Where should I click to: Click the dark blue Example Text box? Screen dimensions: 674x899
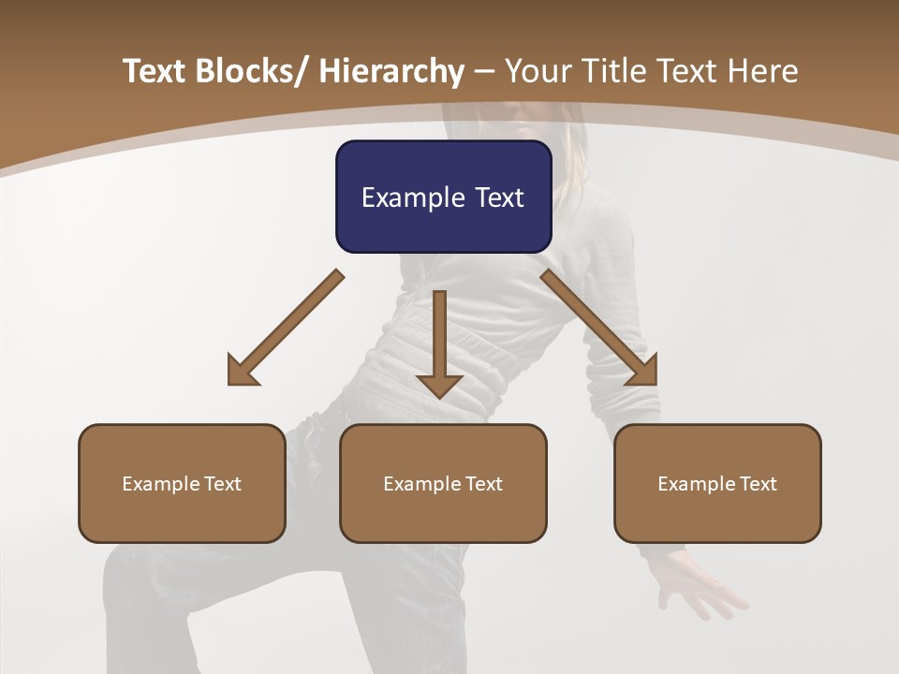[443, 197]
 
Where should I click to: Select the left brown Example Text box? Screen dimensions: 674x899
[182, 483]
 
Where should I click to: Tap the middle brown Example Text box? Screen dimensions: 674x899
[443, 483]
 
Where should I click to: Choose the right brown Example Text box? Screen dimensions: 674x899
[717, 483]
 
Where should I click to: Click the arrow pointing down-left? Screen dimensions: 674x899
[286, 328]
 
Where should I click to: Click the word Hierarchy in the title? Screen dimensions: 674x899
[391, 71]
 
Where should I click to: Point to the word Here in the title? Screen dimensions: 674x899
[763, 71]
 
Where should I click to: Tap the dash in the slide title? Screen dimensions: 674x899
[484, 71]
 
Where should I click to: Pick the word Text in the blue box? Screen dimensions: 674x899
[499, 198]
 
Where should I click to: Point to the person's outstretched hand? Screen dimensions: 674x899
[698, 590]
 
